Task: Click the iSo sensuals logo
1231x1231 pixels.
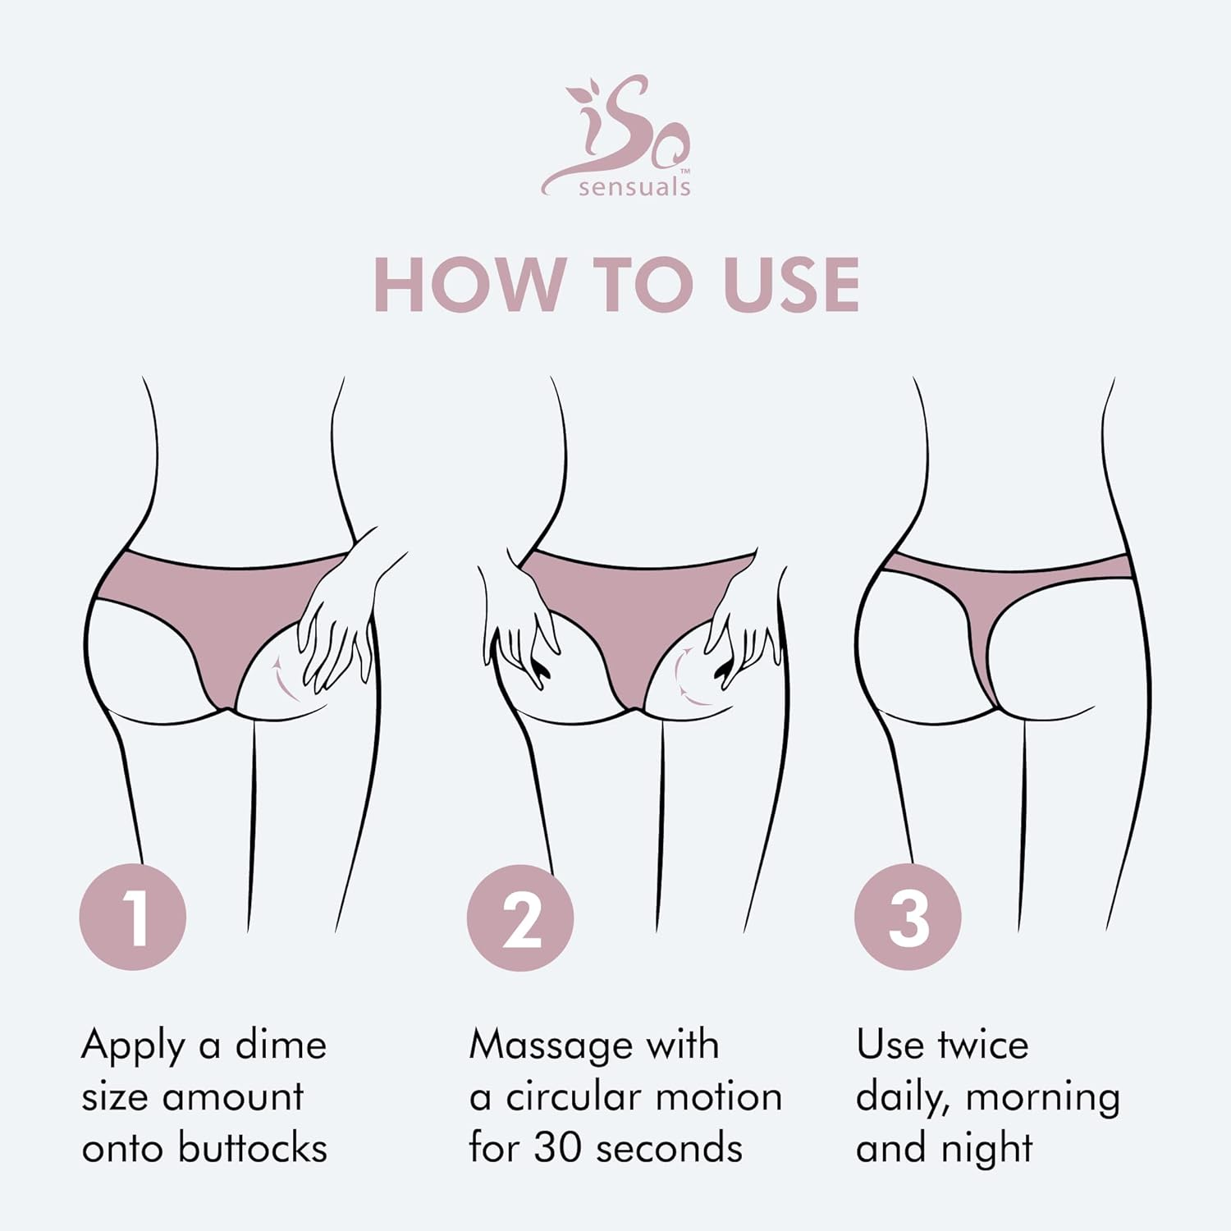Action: [615, 135]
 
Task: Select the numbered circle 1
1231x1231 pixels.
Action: [133, 917]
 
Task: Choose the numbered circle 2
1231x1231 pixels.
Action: [520, 917]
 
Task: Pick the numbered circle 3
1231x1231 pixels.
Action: [908, 917]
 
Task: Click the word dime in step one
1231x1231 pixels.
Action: [281, 1045]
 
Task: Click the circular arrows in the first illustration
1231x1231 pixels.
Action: [283, 677]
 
